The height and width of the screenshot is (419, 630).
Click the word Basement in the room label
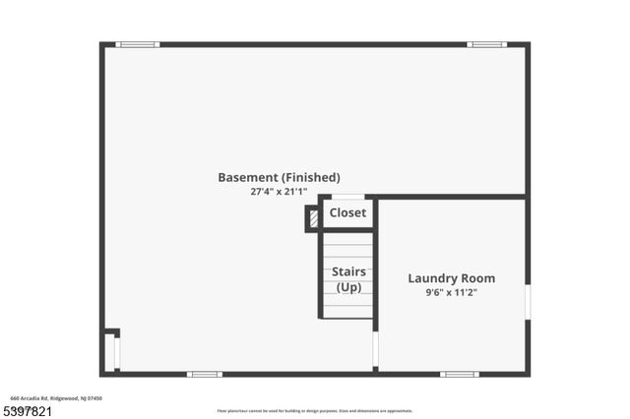tap(247, 178)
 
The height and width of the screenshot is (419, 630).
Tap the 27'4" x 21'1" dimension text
tap(279, 193)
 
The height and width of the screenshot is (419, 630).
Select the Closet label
tap(347, 212)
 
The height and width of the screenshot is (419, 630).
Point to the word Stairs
tap(348, 271)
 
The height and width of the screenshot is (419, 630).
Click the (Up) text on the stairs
tap(348, 287)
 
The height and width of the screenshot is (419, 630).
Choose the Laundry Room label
tap(452, 278)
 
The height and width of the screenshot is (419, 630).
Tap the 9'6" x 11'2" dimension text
tap(452, 292)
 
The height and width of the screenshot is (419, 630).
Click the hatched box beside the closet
tap(314, 218)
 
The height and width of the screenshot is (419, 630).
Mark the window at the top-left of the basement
tap(137, 44)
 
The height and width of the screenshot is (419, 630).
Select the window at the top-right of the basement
tap(486, 44)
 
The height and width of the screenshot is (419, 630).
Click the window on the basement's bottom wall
tap(205, 374)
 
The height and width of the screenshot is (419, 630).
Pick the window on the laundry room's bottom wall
tap(460, 374)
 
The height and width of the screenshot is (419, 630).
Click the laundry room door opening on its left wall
tap(375, 348)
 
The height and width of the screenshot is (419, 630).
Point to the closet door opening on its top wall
tap(347, 197)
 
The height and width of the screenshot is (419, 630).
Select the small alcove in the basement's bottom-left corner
tap(110, 352)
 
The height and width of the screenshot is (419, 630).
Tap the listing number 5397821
tap(27, 410)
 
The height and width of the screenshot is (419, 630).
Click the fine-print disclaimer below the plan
tap(314, 411)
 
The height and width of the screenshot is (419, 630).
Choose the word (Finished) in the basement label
tap(310, 178)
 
